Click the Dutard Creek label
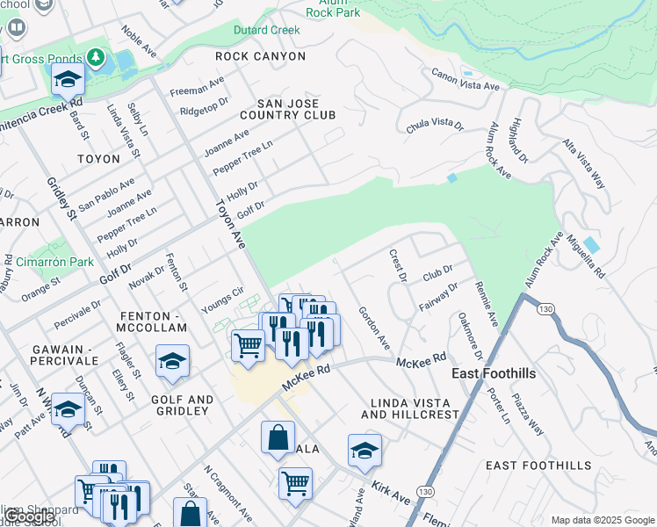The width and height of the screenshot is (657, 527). pos(266,30)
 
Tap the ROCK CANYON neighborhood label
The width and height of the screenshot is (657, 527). pos(262,56)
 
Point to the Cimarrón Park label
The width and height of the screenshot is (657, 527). pos(54,262)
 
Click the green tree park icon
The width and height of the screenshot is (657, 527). pos(96,59)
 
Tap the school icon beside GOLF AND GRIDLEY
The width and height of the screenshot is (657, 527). pos(173,362)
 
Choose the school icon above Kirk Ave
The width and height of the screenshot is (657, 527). pos(365,451)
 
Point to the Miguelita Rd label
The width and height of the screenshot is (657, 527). pos(585,256)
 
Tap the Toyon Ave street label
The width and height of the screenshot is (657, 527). pos(227,225)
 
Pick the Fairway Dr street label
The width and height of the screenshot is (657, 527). pos(439,298)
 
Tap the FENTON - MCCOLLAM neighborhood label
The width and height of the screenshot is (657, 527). pos(151,321)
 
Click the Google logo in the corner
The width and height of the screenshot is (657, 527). pos(30,517)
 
